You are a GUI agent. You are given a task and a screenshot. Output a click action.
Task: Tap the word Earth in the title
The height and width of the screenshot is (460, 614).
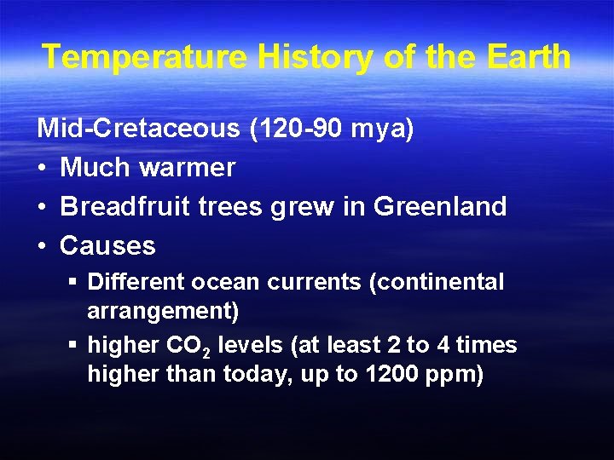coord(529,57)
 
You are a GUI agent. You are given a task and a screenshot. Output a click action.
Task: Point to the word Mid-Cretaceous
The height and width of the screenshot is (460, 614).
coord(138,129)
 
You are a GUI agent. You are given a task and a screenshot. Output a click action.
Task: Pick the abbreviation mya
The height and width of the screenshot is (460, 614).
coord(382,130)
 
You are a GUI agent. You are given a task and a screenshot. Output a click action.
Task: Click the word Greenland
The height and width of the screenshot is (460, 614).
coord(440,206)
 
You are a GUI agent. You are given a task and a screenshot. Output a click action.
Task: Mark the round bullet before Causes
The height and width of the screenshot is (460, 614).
coord(43,246)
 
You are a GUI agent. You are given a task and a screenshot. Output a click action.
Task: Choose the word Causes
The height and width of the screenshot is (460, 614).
coord(107,246)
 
